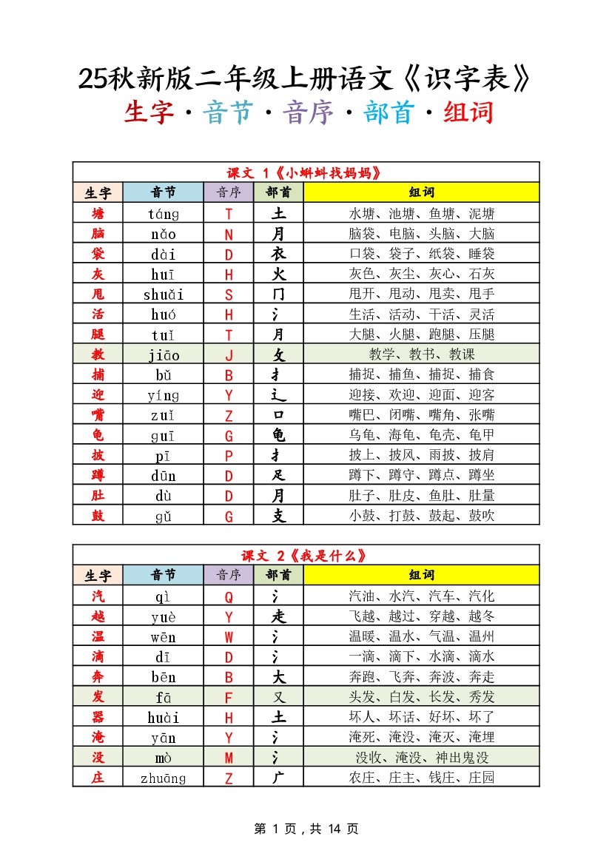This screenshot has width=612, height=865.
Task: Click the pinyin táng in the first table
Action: (x=163, y=215)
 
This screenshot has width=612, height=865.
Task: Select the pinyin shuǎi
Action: (x=163, y=294)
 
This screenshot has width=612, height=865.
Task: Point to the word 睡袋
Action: (x=482, y=255)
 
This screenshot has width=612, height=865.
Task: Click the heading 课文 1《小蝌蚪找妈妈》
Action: (x=306, y=173)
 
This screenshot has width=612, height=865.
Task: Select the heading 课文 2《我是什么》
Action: (x=306, y=556)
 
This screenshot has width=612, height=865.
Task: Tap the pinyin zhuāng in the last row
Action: (x=163, y=778)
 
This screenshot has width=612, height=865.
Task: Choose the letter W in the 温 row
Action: (x=229, y=637)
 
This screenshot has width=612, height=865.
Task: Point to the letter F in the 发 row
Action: (x=229, y=697)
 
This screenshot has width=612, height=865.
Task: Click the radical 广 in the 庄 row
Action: (x=278, y=778)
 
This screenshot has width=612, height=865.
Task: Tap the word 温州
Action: (x=482, y=637)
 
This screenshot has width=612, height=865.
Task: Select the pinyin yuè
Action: (x=163, y=616)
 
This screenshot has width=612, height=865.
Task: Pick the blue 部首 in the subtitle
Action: (x=389, y=113)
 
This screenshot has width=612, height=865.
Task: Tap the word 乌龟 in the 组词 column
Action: (x=362, y=436)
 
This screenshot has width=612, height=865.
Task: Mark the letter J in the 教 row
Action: (x=229, y=355)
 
